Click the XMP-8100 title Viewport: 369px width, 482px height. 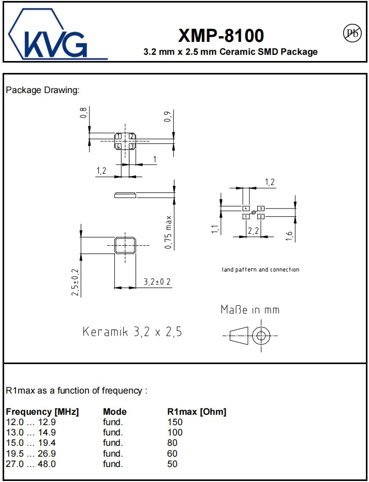click(221, 35)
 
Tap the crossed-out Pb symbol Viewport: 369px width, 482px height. click(352, 33)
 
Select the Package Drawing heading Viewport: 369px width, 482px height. click(42, 91)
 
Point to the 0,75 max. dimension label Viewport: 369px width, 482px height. click(169, 231)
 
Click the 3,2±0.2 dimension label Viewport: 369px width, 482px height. click(157, 282)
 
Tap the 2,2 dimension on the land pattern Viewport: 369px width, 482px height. click(254, 231)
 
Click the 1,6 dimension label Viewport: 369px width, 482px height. click(290, 236)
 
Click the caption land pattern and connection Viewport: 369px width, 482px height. click(260, 269)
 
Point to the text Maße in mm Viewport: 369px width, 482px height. click(250, 310)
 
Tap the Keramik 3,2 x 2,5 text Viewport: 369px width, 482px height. click(132, 332)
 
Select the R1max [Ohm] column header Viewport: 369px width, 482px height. click(197, 412)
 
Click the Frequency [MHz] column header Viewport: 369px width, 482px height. click(42, 412)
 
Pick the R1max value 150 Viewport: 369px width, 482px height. click(175, 422)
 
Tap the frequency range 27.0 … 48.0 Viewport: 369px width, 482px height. click(31, 464)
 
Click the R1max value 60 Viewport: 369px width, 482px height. click(172, 454)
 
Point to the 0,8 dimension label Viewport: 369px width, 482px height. click(84, 113)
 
